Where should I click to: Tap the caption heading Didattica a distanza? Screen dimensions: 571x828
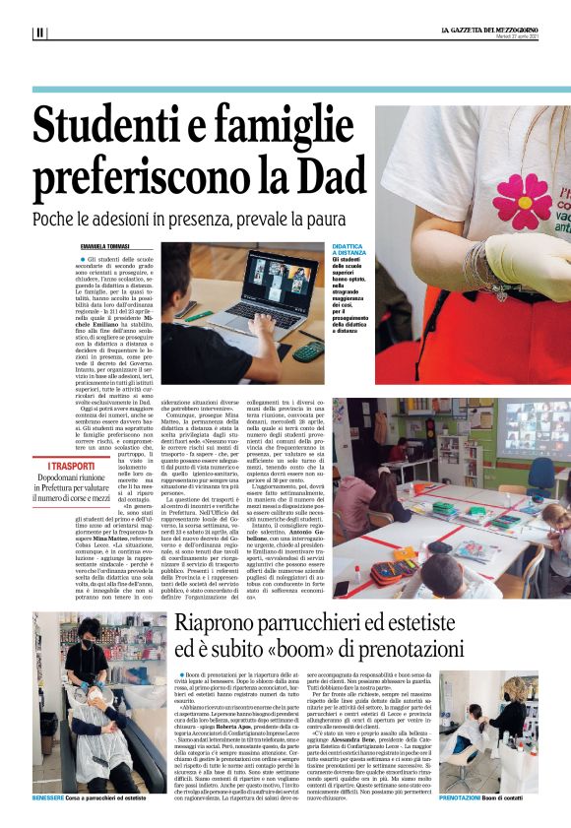[x=353, y=251]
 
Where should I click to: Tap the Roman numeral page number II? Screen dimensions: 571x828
[x=39, y=32]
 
